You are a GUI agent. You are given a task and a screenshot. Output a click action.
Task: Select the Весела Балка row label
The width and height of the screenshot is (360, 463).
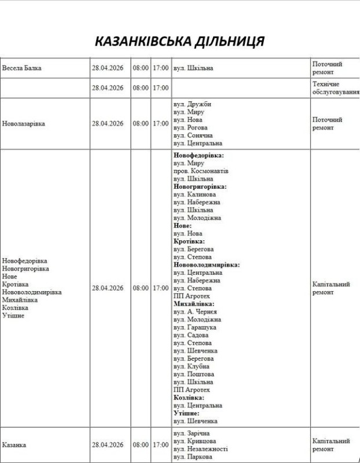pyautogui.click(x=21, y=68)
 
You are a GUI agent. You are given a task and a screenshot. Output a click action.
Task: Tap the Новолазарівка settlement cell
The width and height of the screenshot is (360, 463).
pyautogui.click(x=24, y=123)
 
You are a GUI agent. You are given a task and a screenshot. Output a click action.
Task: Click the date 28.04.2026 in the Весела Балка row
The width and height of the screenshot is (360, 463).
pyautogui.click(x=108, y=68)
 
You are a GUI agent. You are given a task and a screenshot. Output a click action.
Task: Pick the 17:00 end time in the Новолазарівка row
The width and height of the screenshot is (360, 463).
pyautogui.click(x=160, y=123)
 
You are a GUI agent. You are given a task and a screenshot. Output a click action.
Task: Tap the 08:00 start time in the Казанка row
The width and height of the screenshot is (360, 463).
pyautogui.click(x=141, y=445)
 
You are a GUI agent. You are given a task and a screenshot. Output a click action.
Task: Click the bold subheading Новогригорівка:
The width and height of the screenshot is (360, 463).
pyautogui.click(x=200, y=187)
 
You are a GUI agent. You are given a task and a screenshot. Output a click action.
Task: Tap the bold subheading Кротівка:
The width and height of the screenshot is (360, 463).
pyautogui.click(x=189, y=241)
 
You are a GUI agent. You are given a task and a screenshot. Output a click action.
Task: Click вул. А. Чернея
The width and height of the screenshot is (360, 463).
pyautogui.click(x=194, y=311)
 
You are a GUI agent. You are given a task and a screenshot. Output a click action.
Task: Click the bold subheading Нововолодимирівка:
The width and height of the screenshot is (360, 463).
pyautogui.click(x=207, y=264)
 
